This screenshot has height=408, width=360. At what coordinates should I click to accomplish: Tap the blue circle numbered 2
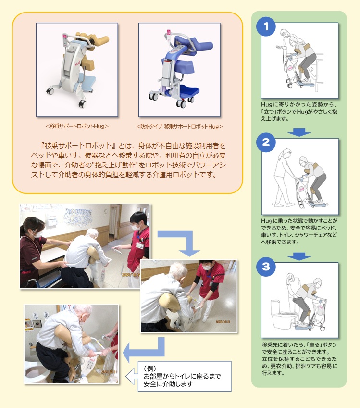tap(265, 142)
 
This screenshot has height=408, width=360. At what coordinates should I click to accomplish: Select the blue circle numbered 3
tap(265, 266)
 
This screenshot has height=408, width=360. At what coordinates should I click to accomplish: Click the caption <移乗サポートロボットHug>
tap(77, 127)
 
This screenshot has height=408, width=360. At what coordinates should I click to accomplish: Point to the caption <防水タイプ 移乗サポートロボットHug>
tap(179, 127)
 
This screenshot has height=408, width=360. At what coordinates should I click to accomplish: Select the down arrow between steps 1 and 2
tap(301, 131)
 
